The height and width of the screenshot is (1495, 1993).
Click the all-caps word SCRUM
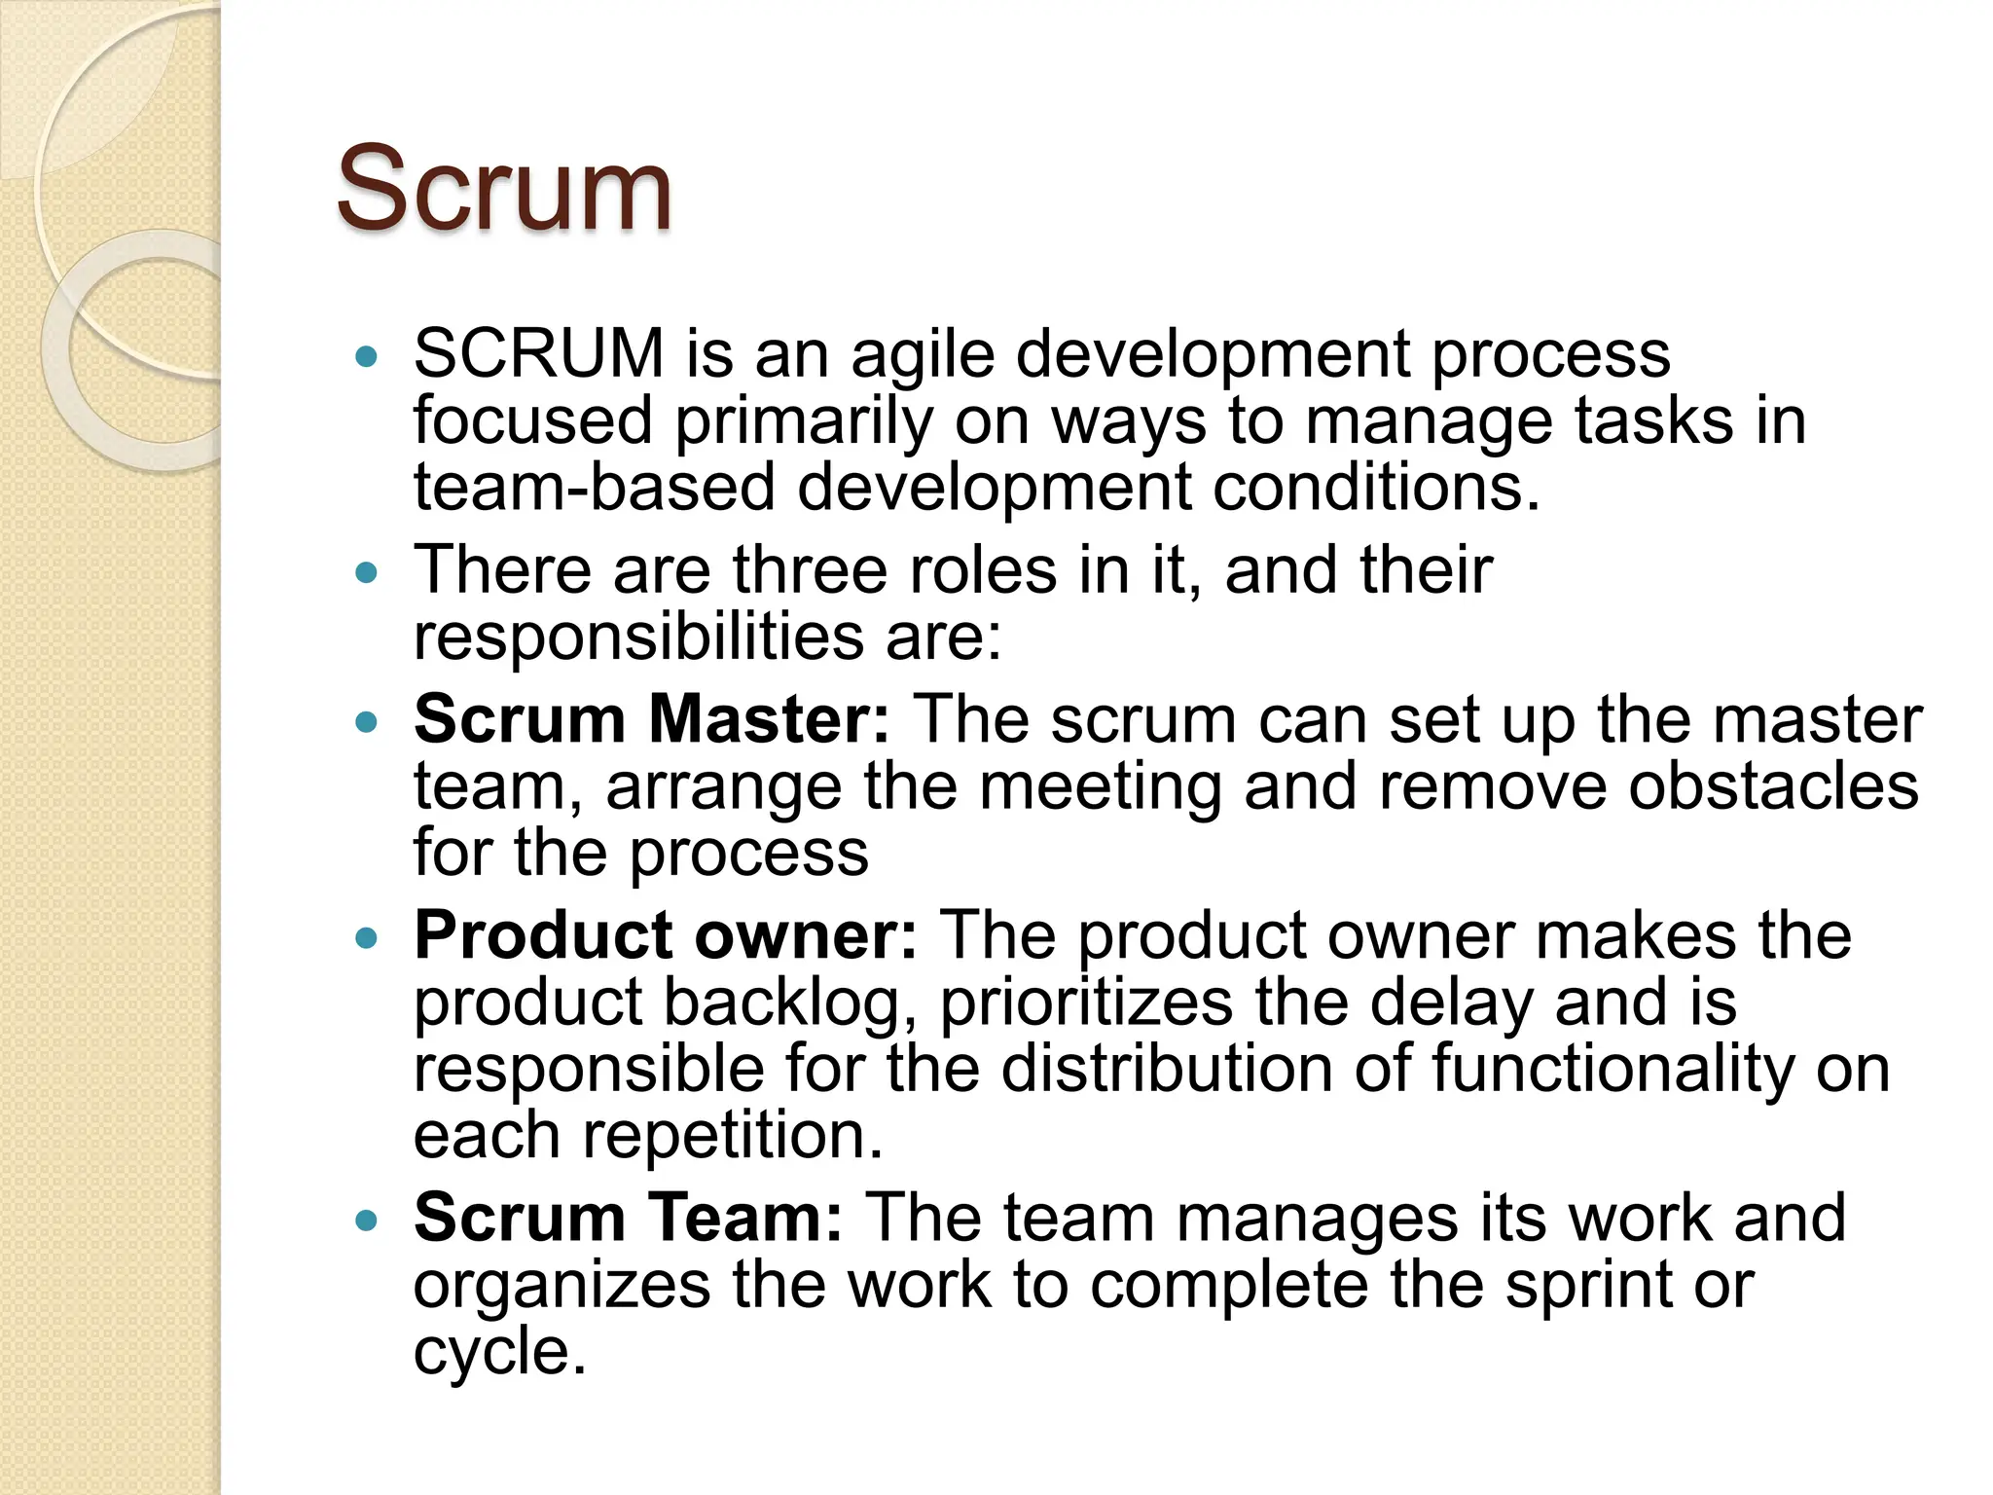coord(538,353)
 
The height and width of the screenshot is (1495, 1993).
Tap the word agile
coord(923,355)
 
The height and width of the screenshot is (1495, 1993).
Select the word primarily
coord(804,423)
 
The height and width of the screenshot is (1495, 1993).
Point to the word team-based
coord(594,487)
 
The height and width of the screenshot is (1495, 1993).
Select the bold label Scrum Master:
coord(651,719)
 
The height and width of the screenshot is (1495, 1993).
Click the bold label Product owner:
coord(666,935)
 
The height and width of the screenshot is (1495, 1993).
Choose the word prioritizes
coord(1086,1003)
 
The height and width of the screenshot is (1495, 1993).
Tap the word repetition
coord(733,1135)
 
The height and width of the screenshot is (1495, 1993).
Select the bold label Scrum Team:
coord(628,1218)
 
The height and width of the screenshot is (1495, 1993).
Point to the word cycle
coord(500,1352)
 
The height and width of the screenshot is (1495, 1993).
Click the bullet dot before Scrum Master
coord(366,722)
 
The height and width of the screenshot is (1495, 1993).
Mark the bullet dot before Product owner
coord(366,938)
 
